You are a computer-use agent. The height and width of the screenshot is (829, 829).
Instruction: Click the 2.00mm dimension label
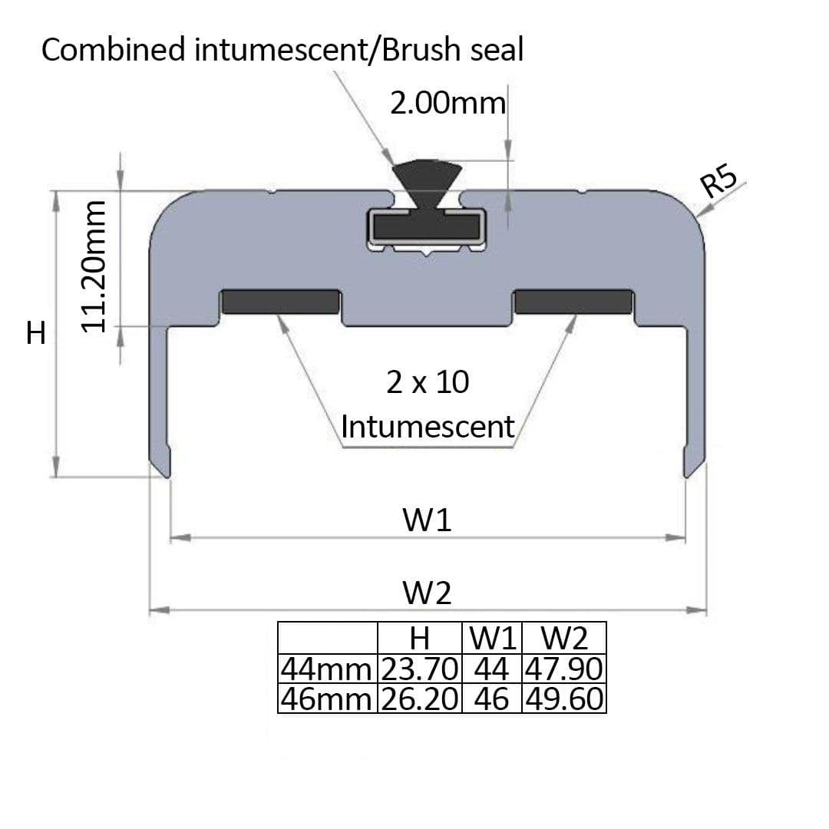click(x=448, y=103)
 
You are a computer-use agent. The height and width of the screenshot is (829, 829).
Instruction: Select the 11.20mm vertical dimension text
click(x=94, y=266)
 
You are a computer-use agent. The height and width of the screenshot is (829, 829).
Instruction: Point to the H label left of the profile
click(x=36, y=332)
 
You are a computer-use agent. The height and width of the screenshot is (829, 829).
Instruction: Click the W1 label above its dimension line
click(x=428, y=520)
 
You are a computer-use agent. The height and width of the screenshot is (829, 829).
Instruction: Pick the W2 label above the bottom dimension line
click(x=428, y=593)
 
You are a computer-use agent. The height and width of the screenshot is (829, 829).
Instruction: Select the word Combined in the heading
click(x=113, y=50)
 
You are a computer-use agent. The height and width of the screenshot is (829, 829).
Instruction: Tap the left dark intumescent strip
click(x=280, y=302)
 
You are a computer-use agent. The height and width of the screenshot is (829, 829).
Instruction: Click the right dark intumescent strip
click(x=573, y=302)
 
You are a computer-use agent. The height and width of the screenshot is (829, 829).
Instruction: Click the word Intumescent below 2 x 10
click(x=428, y=427)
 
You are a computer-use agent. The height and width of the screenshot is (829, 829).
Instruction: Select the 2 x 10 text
click(x=428, y=382)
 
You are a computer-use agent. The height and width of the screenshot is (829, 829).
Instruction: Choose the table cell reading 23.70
click(x=419, y=669)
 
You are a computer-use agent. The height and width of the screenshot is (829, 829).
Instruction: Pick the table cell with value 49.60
click(x=563, y=699)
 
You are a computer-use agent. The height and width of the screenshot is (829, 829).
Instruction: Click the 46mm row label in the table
click(x=327, y=699)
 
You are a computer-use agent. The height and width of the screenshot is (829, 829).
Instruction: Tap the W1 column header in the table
click(x=492, y=638)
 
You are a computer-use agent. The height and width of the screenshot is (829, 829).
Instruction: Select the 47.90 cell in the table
click(x=563, y=669)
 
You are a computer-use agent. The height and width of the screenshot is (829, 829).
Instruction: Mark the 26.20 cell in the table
click(x=419, y=699)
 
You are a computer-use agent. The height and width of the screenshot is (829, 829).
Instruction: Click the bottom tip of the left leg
click(x=167, y=477)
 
